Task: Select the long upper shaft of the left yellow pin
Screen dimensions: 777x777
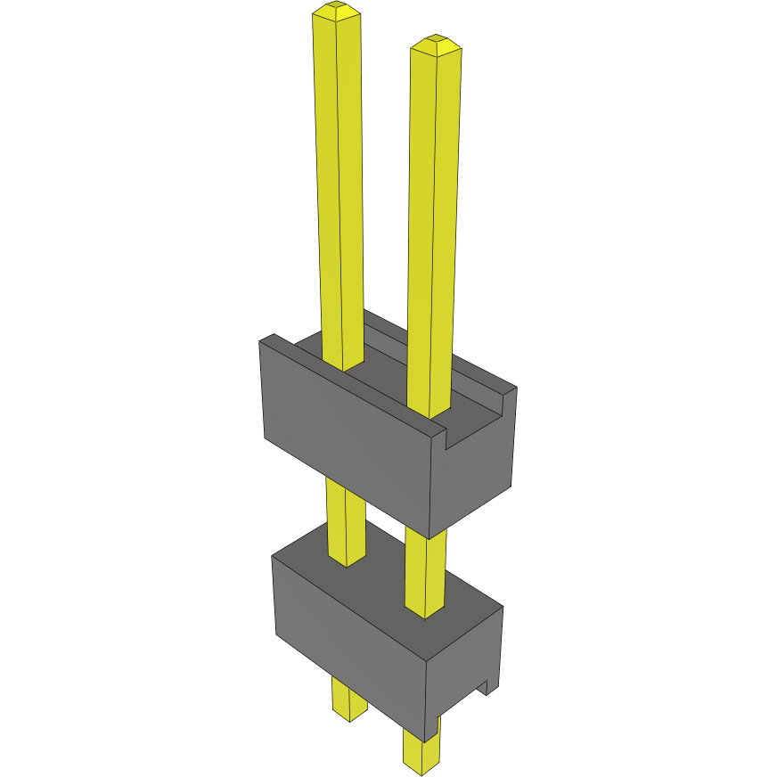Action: point(339,178)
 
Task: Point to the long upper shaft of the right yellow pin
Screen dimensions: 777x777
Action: point(435,223)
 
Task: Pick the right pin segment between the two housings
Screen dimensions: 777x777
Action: point(426,570)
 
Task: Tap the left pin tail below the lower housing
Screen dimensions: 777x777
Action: point(348,697)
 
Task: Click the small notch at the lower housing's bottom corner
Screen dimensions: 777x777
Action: point(487,686)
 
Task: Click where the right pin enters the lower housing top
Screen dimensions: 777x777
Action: point(425,609)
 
